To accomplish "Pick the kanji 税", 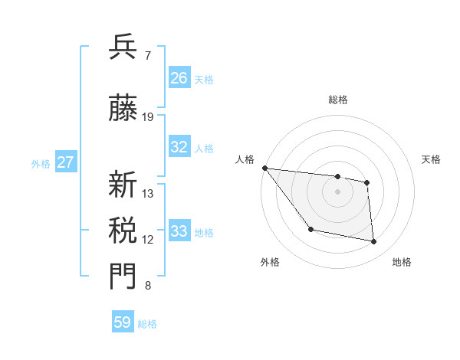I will (123, 230).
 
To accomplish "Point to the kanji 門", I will (123, 277).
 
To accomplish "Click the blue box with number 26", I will (179, 77).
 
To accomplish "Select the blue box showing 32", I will (179, 147).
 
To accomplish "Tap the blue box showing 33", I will (179, 231).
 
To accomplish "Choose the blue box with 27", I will (66, 162).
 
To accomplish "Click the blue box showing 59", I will (123, 322).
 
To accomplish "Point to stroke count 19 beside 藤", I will (148, 117).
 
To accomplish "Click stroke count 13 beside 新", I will (148, 194).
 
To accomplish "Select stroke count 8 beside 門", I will (148, 286).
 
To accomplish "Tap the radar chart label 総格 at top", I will (337, 100).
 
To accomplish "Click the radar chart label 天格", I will (431, 159).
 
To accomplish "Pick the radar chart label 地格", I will (402, 262).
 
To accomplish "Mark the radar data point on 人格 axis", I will (264, 168).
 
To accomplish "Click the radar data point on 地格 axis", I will (374, 242).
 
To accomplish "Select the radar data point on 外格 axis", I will (310, 229).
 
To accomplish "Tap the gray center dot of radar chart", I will (337, 191).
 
